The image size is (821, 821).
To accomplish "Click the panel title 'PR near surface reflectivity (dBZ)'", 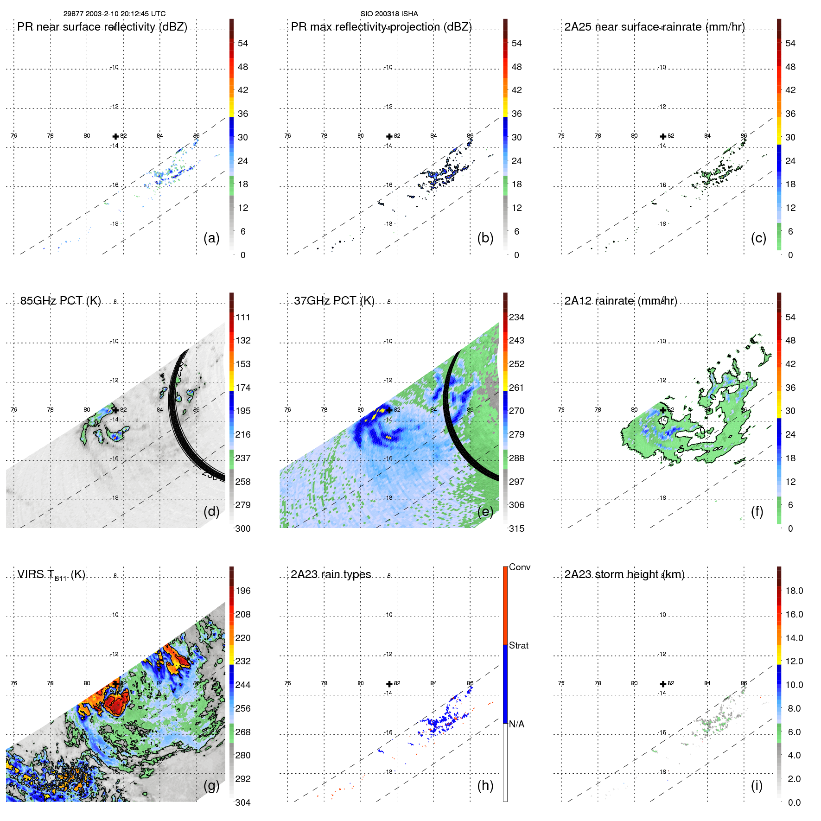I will pos(102,27).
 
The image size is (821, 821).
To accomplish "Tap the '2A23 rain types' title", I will pos(331,574).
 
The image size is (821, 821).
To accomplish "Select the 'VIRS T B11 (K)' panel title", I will pos(51,575).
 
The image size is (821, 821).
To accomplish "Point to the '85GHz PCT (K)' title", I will pos(60,301).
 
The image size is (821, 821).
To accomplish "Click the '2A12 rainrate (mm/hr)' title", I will pos(620,301).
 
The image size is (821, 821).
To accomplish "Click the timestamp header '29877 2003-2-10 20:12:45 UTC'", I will pos(114,14).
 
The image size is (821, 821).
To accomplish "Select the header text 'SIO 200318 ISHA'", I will pos(389,14).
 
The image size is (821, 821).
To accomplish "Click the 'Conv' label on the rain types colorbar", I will pos(519,567).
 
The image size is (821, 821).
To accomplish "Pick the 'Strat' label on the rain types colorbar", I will pos(518,645).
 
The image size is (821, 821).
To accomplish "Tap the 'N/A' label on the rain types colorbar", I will pos(516,724).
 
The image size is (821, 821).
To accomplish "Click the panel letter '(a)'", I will pos(211,238).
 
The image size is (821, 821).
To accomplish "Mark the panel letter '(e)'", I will pos(485,511).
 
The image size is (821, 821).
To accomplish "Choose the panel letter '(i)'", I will pos(757,785).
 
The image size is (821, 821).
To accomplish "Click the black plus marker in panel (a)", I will pos(115,136).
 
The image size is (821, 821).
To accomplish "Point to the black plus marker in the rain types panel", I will pos(389,684).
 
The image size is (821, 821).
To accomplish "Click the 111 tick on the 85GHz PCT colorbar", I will pos(242,318).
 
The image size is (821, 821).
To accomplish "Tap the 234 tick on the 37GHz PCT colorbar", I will pos(516,318).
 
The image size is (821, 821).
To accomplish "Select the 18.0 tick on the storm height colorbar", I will pos(794,591).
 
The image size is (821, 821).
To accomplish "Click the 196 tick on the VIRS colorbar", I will pos(242,591).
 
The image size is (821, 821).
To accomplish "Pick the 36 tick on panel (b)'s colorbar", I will pos(516,114).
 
